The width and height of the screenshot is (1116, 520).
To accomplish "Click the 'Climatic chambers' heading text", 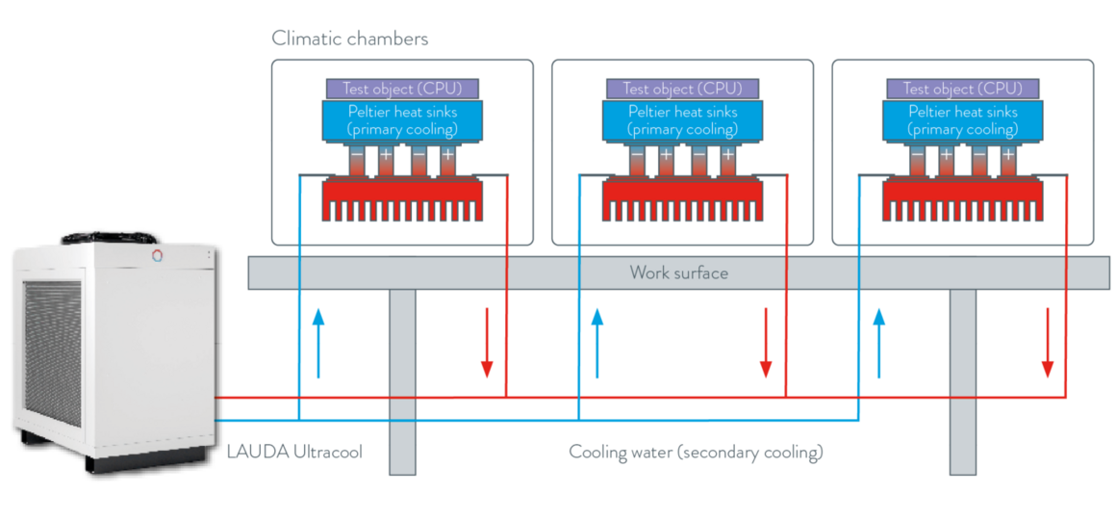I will [x=350, y=39].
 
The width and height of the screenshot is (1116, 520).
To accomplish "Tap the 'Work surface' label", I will [x=678, y=273].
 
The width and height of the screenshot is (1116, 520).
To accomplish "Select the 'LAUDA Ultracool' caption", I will [x=294, y=452].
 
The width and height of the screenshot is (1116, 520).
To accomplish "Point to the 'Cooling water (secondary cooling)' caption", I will [x=696, y=452].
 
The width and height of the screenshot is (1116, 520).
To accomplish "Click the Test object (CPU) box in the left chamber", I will [x=402, y=89].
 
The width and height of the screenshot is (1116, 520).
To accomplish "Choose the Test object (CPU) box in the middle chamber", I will [x=682, y=89].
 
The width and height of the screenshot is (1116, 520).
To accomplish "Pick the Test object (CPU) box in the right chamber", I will [x=962, y=89].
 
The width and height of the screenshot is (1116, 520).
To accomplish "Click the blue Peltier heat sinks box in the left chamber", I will [x=402, y=120].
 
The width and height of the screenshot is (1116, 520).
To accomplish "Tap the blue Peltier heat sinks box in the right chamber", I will [x=962, y=120].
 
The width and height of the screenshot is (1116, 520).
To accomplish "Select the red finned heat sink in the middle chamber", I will [x=682, y=199].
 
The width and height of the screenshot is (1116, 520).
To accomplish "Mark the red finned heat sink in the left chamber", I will [x=402, y=199].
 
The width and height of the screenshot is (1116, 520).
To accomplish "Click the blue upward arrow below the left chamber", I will [x=317, y=343].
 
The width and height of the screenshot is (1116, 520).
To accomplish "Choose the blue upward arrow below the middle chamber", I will [x=596, y=343].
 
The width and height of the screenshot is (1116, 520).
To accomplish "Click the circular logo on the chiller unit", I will [x=157, y=255].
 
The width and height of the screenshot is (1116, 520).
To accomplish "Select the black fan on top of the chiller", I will [x=107, y=234].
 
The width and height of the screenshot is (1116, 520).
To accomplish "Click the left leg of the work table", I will [x=402, y=380].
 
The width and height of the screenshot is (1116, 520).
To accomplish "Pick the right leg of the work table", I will [x=963, y=380].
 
